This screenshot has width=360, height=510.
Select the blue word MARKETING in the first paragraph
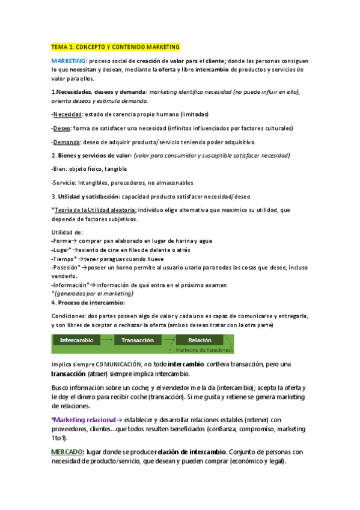69,61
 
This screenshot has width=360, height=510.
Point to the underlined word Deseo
63,128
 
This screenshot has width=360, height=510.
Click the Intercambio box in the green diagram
76,340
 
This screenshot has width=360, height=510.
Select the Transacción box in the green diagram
138,340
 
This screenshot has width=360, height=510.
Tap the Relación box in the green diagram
200,340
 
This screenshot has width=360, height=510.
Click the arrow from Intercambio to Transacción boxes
107,340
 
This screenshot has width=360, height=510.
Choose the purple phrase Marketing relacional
82,420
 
